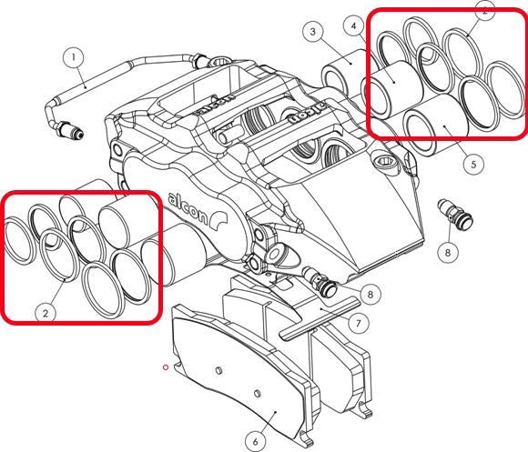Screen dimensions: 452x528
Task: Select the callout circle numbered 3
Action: pyautogui.click(x=312, y=34)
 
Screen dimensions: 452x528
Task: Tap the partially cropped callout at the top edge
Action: pyautogui.click(x=485, y=8)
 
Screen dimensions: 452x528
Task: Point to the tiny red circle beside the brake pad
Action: pyautogui.click(x=165, y=367)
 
